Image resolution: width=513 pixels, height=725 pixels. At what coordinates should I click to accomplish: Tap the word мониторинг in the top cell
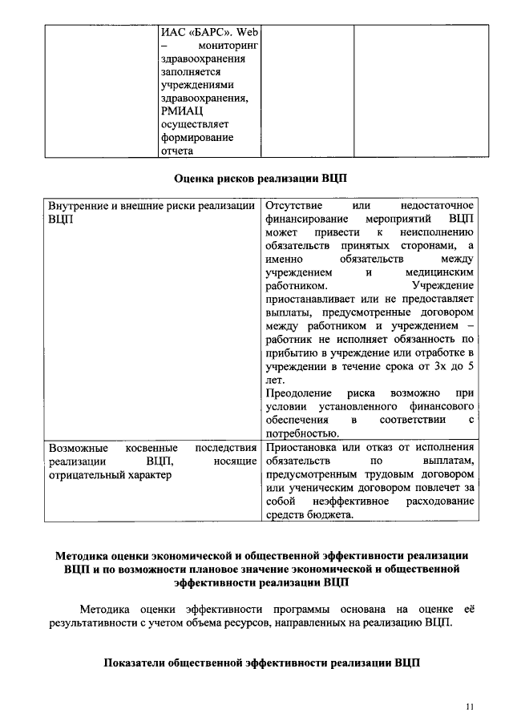pyautogui.click(x=223, y=45)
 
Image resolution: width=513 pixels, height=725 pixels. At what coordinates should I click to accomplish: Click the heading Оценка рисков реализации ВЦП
pyautogui.click(x=261, y=179)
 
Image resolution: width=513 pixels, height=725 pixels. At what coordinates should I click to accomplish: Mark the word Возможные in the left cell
pyautogui.click(x=75, y=448)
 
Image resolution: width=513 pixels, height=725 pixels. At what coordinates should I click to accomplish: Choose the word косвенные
pyautogui.click(x=153, y=448)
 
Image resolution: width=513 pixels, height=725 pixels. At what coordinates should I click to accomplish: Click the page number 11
pyautogui.click(x=470, y=706)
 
